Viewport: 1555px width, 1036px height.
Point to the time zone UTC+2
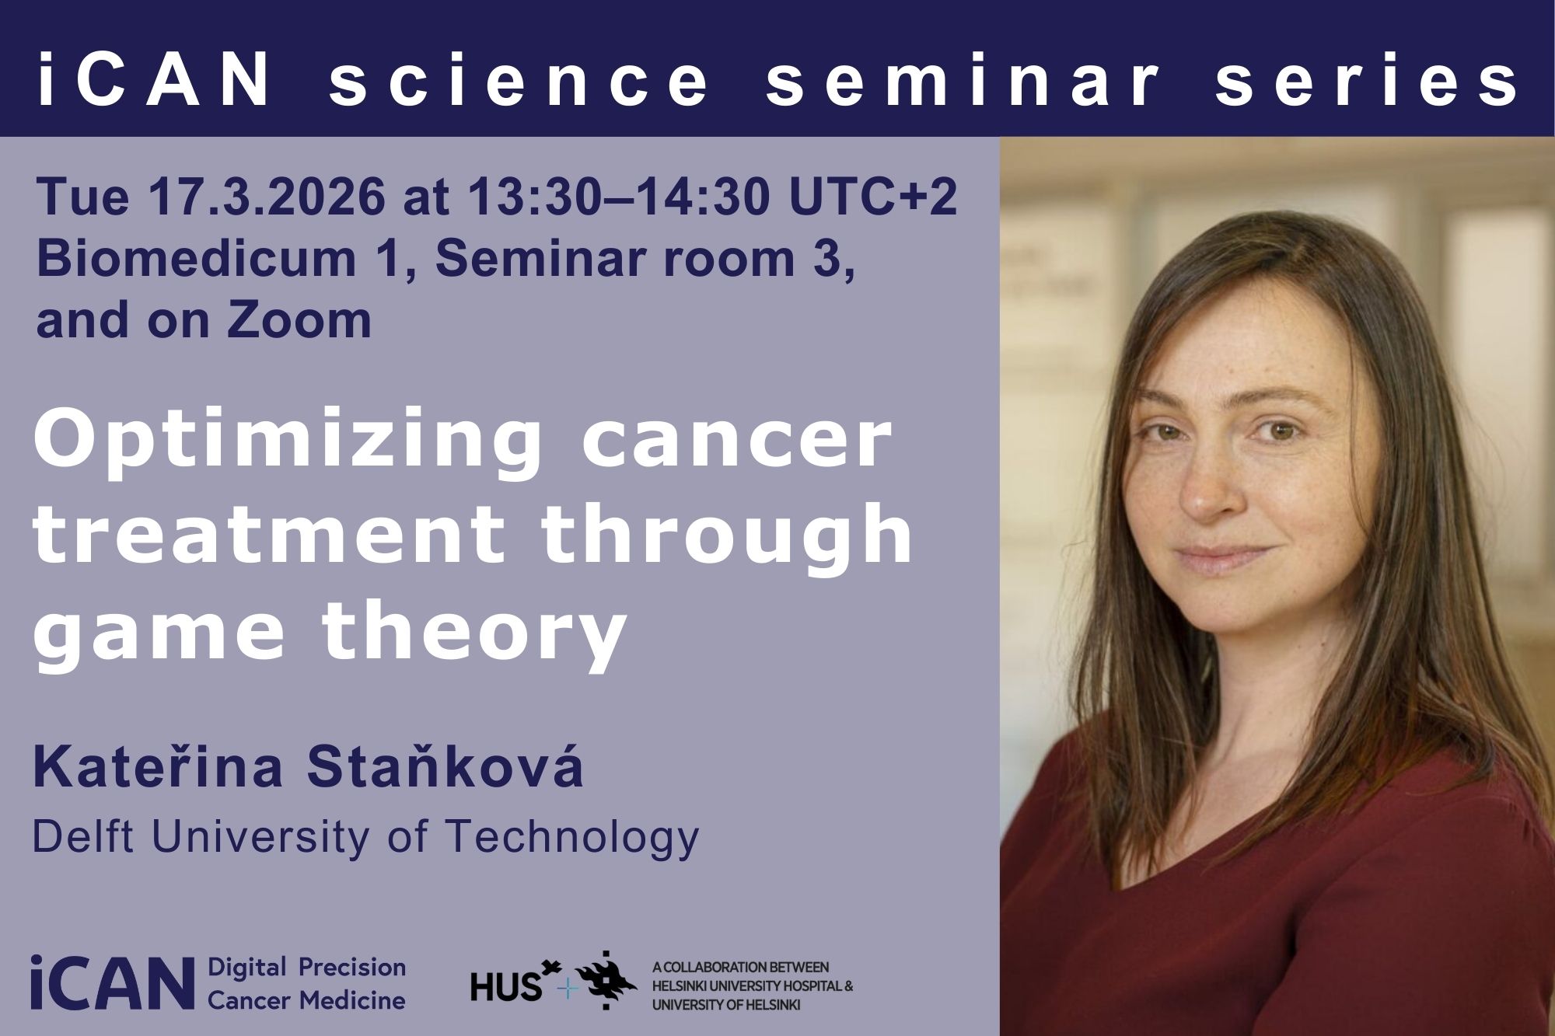[873, 196]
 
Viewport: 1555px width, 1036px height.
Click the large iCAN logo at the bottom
[112, 983]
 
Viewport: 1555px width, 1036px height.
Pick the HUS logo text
[506, 986]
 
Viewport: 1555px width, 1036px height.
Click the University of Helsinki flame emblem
[606, 980]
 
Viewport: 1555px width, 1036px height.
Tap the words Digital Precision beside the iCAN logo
[307, 968]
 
